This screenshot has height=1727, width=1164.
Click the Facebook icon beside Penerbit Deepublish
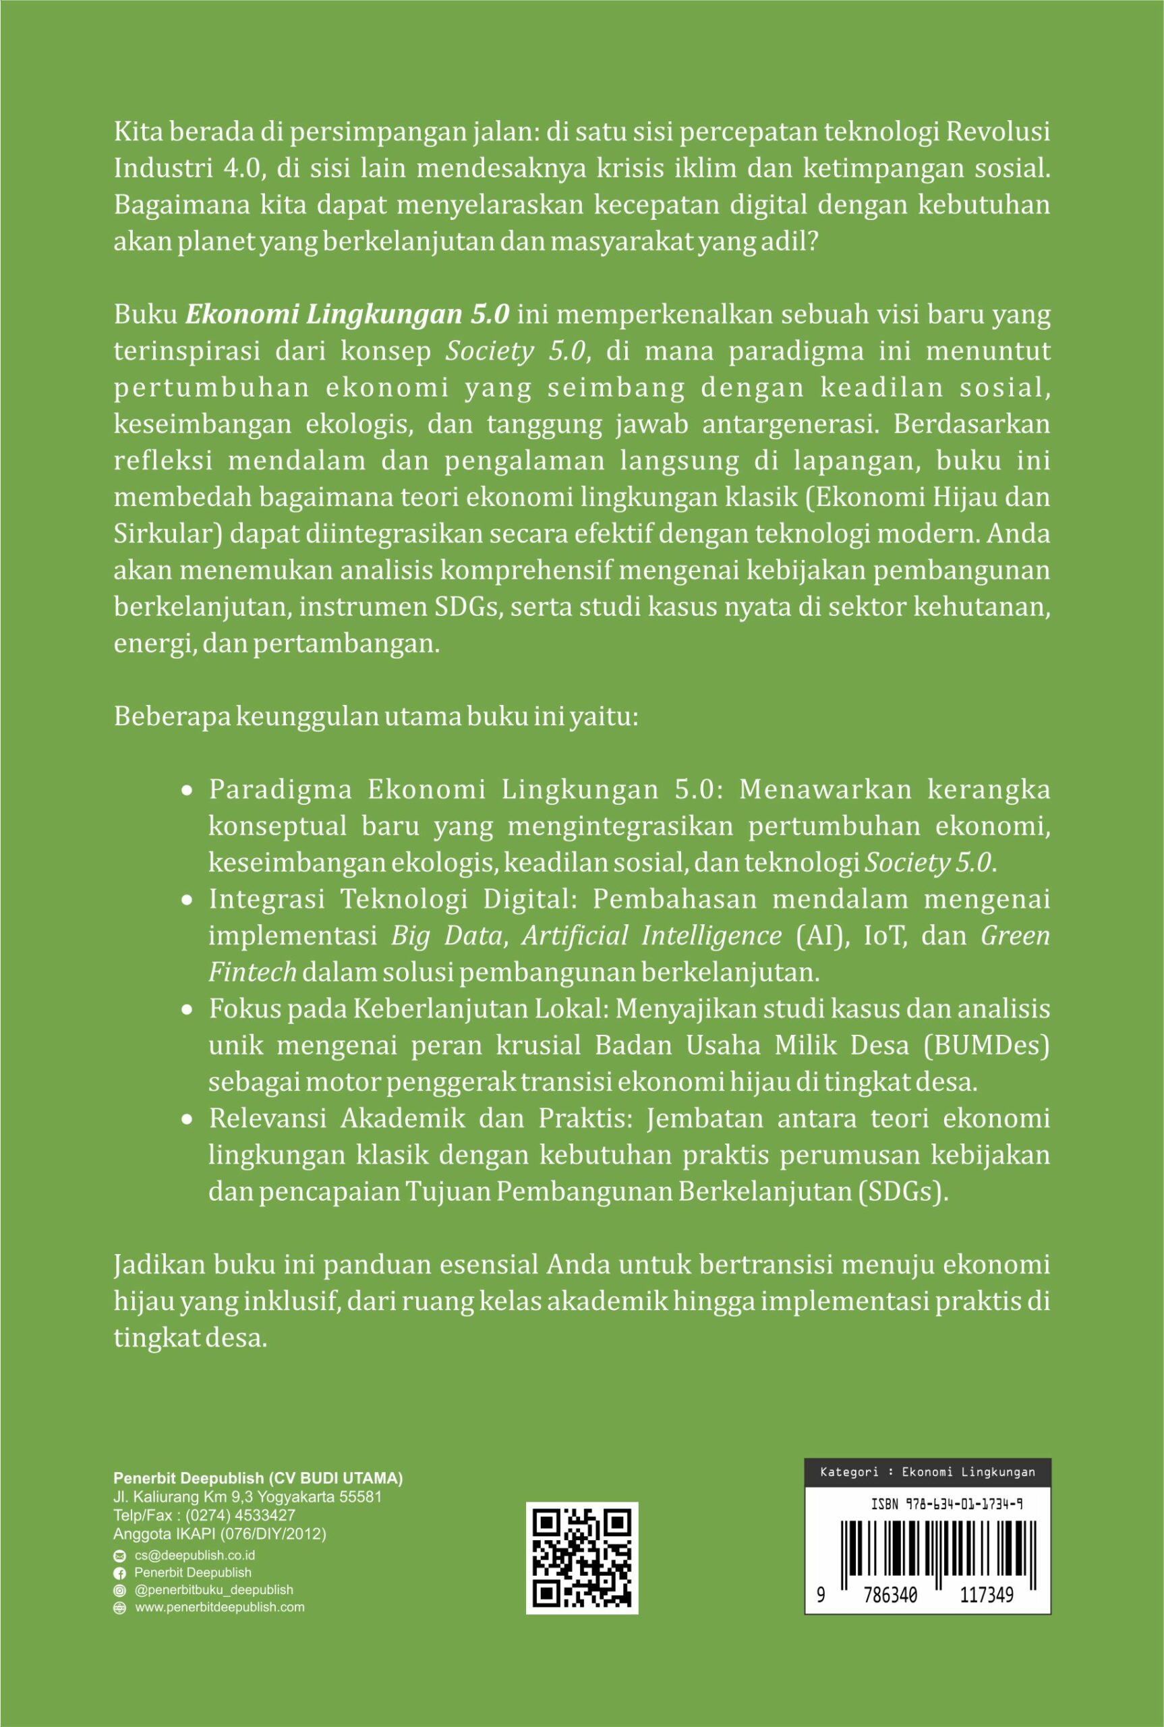pos(119,1573)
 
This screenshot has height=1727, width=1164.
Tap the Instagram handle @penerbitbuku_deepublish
pos(214,1590)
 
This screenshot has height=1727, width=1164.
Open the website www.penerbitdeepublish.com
pos(219,1608)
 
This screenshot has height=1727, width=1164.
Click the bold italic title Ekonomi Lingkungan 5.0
pos(347,315)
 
